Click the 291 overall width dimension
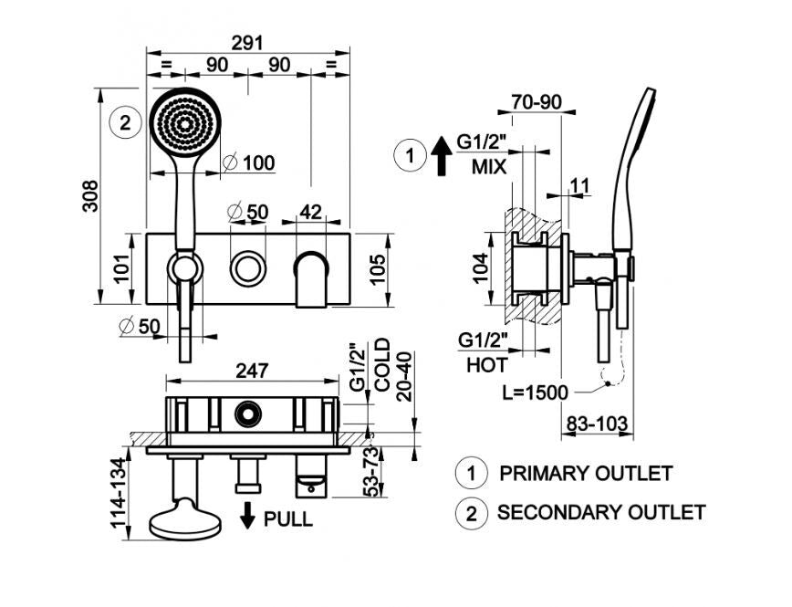[x=247, y=43]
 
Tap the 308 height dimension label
[x=91, y=196]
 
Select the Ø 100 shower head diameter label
[x=250, y=162]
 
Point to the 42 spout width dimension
[x=310, y=212]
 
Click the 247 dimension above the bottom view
[x=252, y=371]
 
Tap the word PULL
[x=288, y=519]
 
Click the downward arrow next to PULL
[x=247, y=515]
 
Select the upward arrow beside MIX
[x=442, y=156]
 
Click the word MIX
[x=489, y=167]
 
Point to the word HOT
[x=487, y=365]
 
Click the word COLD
[x=382, y=365]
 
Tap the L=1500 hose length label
[x=536, y=392]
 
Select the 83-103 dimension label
[x=597, y=424]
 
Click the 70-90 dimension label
[x=536, y=102]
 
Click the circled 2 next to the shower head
[x=125, y=123]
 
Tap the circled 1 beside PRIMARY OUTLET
[x=471, y=474]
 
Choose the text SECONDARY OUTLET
[x=601, y=512]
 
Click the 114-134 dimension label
[x=119, y=493]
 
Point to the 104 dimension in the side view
[x=482, y=268]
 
